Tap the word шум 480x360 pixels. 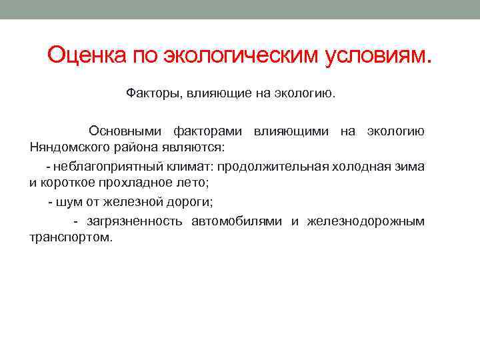[71, 201]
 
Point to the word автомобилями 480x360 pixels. [237, 221]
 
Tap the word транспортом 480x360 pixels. [71, 237]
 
